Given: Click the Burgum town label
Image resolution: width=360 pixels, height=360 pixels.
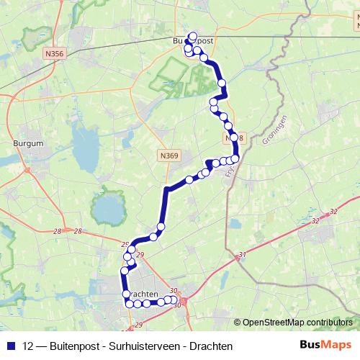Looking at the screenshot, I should click(29, 143).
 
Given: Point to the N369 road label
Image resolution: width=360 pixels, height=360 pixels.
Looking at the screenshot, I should click(170, 155).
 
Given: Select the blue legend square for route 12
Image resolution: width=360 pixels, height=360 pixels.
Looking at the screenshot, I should click(10, 346).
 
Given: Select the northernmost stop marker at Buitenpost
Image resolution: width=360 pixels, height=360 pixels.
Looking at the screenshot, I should click(192, 36).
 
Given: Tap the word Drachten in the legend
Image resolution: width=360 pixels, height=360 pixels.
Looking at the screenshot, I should click(211, 346).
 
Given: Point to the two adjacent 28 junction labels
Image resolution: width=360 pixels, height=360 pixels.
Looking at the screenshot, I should click(68, 231).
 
